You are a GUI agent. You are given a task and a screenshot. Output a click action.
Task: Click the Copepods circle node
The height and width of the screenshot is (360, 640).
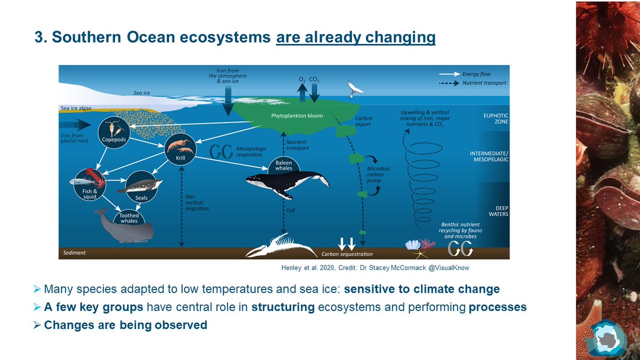114,132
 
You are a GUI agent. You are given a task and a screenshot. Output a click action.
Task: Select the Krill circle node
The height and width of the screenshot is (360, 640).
180,149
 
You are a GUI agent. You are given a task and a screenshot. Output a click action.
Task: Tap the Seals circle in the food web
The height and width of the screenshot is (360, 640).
141,187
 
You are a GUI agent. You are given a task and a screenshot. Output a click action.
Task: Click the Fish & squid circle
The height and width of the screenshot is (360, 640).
90,185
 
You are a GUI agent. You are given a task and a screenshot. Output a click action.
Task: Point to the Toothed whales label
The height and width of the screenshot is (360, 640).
129,218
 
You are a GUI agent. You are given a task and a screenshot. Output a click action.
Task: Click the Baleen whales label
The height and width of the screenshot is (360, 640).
284,165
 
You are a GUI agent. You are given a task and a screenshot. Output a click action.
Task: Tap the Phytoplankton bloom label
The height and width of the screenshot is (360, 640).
297,116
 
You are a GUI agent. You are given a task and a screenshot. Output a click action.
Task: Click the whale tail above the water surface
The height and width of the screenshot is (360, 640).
355,89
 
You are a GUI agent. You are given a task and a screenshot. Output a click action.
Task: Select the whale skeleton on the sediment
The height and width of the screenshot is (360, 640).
281,246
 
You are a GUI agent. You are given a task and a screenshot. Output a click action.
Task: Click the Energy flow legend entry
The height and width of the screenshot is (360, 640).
465,74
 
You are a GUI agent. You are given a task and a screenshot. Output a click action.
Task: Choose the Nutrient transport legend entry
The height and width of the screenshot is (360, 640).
473,83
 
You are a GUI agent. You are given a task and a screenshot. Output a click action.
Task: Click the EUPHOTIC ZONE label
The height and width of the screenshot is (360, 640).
495,118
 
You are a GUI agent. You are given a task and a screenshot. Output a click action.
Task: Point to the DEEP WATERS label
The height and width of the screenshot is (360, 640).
498,211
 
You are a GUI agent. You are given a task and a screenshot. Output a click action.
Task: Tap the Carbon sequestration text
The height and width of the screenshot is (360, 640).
347,254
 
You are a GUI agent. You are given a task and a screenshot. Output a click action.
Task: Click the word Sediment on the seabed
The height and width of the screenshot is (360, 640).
74,253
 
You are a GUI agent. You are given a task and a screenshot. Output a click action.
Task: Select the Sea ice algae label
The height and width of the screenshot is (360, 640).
76,108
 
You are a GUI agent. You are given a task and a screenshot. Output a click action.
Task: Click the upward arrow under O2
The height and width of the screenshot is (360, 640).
302,92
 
